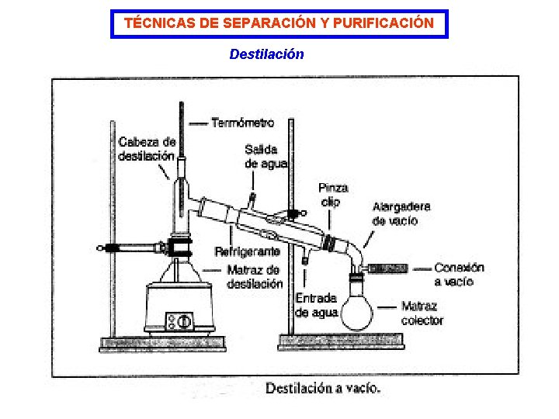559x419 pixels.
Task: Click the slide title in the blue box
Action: pos(279,23)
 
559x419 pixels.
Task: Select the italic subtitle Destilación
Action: pos(266,54)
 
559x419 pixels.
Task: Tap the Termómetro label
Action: pos(242,123)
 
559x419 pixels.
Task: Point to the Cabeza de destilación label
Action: pos(147,149)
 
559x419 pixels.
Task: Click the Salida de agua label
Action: pos(266,156)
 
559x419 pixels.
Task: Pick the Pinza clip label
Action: pos(333,195)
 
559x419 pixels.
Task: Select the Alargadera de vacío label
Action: pos(401,213)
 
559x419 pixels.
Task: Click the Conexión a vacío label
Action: pos(459,275)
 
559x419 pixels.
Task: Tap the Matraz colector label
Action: pos(422,313)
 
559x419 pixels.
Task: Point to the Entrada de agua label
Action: pos(316,305)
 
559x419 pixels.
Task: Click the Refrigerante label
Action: pos(247,252)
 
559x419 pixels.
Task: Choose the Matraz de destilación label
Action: pos(255,277)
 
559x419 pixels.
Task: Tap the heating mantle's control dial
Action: pos(185,320)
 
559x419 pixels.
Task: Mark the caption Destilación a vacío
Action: pos(323,389)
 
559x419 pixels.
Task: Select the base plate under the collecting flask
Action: pos(342,340)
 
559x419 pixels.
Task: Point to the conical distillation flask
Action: pos(179,271)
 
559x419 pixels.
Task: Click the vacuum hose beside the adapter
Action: pos(387,268)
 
